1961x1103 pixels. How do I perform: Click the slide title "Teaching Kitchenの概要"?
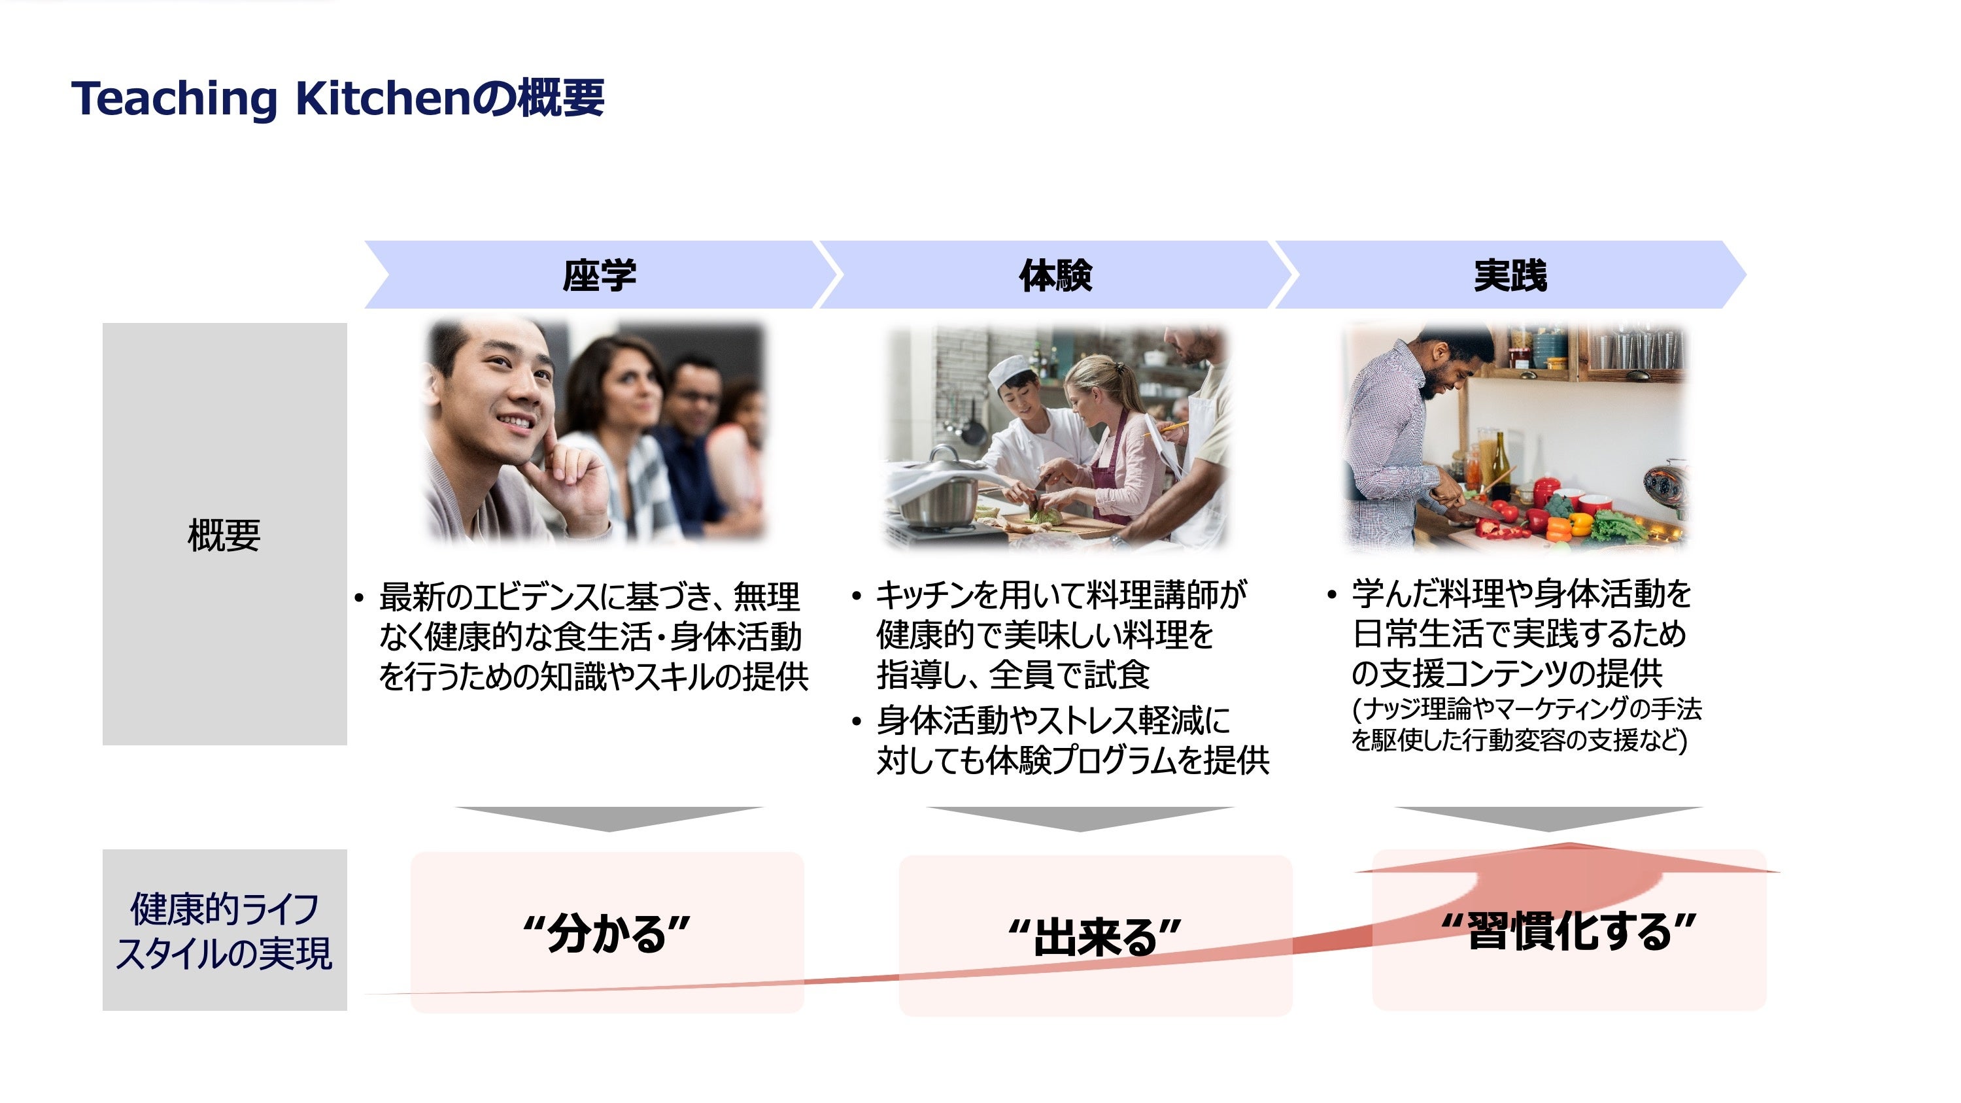click(x=338, y=99)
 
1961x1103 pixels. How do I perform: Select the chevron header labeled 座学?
click(x=599, y=275)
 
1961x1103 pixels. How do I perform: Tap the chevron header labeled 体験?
click(x=1055, y=275)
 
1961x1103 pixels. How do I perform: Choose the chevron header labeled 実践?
click(x=1510, y=275)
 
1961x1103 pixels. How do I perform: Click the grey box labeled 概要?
click(x=224, y=534)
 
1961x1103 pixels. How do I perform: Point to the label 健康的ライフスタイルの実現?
click(x=224, y=930)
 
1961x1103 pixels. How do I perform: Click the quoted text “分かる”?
click(x=607, y=933)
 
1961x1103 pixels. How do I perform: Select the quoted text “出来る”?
click(x=1095, y=936)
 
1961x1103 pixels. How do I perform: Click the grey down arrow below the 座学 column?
click(x=608, y=817)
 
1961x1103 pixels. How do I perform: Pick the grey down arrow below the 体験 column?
click(x=1080, y=817)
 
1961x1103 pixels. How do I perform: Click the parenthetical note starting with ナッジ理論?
click(x=1526, y=724)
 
